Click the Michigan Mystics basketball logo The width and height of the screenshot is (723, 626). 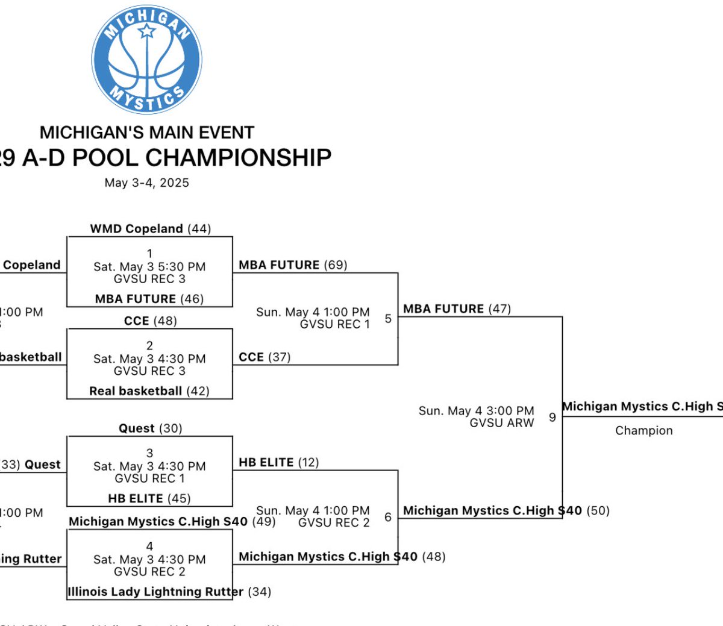(x=147, y=59)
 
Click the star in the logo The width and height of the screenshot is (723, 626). (x=147, y=30)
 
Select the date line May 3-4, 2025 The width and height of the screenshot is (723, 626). (x=146, y=183)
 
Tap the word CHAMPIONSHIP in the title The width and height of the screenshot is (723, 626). (x=239, y=158)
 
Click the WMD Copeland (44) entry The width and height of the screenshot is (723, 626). (x=150, y=229)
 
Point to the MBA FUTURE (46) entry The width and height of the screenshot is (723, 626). (x=149, y=299)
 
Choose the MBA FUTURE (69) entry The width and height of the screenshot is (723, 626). (x=293, y=265)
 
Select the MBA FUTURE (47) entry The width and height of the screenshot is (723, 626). (x=457, y=309)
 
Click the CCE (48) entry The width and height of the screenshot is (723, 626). (x=150, y=321)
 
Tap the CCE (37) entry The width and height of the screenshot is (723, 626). (x=264, y=357)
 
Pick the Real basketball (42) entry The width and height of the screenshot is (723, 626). (x=149, y=391)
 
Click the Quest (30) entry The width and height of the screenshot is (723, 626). (x=150, y=428)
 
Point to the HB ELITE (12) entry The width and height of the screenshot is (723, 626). (x=279, y=462)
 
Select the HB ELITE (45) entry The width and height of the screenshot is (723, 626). (x=149, y=498)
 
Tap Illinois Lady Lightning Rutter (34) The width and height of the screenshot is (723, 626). (x=169, y=592)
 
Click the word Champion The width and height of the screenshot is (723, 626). (x=643, y=430)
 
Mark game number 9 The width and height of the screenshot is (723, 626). (x=552, y=417)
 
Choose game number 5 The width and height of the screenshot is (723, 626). (x=388, y=318)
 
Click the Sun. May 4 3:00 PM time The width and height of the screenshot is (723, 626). (x=476, y=411)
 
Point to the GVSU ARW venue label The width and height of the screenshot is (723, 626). (x=501, y=423)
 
